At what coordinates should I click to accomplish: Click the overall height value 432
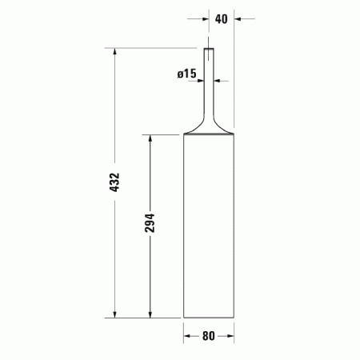(114, 183)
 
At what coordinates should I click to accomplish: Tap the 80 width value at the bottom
(208, 337)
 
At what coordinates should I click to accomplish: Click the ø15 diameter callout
(186, 74)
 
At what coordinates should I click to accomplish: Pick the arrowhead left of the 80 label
(188, 337)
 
